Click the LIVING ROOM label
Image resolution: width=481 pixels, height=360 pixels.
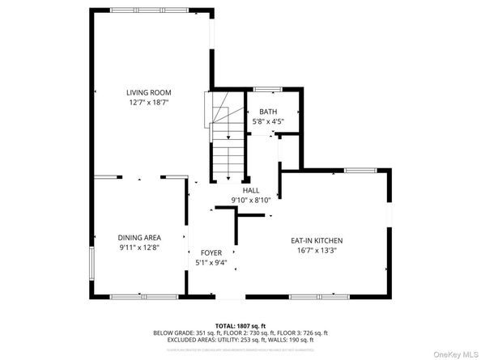(x=148, y=92)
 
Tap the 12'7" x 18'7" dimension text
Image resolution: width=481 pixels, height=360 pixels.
(x=148, y=103)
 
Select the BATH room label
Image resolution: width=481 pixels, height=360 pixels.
(x=267, y=112)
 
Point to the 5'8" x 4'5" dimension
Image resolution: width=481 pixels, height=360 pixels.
(x=267, y=122)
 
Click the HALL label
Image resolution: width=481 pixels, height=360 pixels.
(x=240, y=189)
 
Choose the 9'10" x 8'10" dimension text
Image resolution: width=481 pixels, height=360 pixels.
(x=240, y=200)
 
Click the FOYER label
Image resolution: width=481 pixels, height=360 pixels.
(x=211, y=252)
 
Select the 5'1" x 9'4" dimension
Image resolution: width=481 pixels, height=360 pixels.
(x=211, y=263)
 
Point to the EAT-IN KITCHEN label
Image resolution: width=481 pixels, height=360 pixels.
(x=317, y=240)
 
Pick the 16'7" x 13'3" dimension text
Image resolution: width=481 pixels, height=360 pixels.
(x=317, y=251)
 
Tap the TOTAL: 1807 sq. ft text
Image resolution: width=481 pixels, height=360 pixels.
(x=240, y=325)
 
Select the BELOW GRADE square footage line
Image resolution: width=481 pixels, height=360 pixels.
(x=240, y=332)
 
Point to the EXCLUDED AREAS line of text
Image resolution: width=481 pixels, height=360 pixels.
(x=240, y=340)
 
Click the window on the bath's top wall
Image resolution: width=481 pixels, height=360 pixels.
(x=267, y=88)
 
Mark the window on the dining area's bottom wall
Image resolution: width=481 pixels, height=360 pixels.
(x=134, y=295)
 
